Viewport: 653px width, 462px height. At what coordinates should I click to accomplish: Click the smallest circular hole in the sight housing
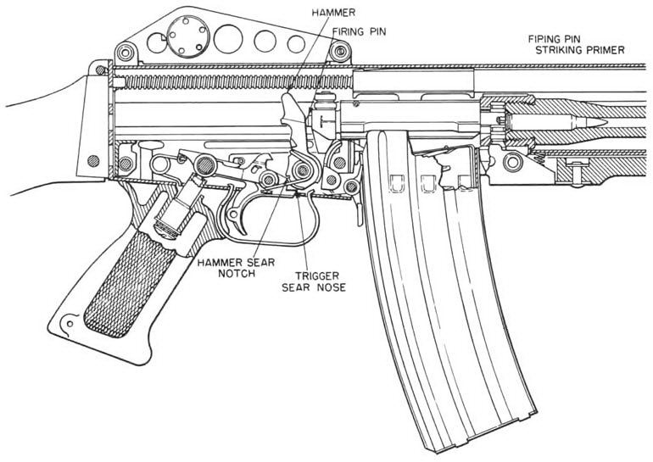pos(295,43)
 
